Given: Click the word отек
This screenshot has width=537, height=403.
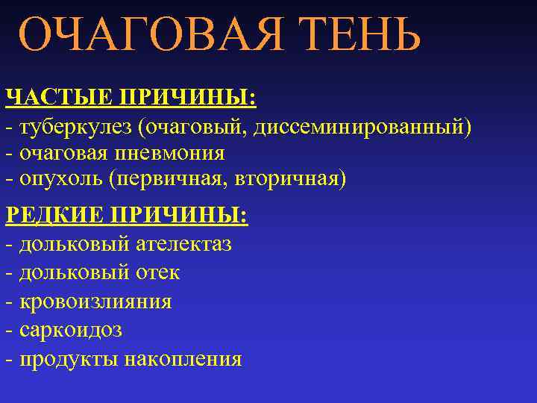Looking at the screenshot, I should pos(158,272).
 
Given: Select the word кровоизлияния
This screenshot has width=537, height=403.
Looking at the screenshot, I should pos(95,302).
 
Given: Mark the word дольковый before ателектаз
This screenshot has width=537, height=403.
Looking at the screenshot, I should pos(72,244).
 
